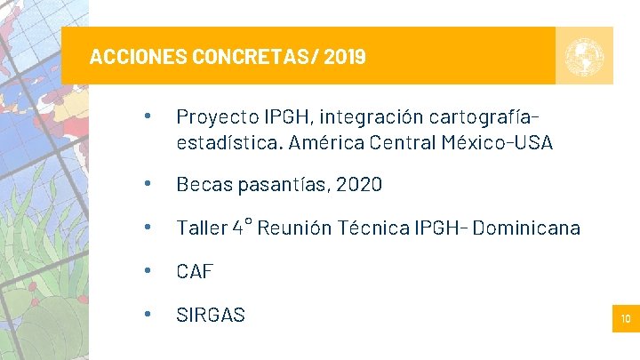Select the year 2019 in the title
[345, 58]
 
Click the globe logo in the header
[584, 56]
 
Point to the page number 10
[626, 318]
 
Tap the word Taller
[202, 228]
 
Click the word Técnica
[375, 228]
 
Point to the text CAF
[195, 271]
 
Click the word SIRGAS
[211, 315]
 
